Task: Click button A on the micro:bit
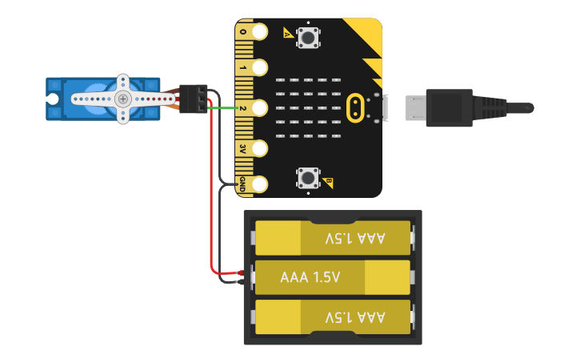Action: click(x=307, y=37)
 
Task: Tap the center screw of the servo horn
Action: click(x=122, y=99)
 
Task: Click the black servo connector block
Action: click(x=194, y=99)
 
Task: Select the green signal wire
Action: click(x=224, y=107)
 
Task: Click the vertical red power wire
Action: click(x=210, y=192)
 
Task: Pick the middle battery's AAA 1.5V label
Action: click(x=310, y=277)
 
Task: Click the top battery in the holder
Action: click(x=333, y=238)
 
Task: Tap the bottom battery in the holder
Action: click(x=333, y=317)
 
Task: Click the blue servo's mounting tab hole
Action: click(x=54, y=99)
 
